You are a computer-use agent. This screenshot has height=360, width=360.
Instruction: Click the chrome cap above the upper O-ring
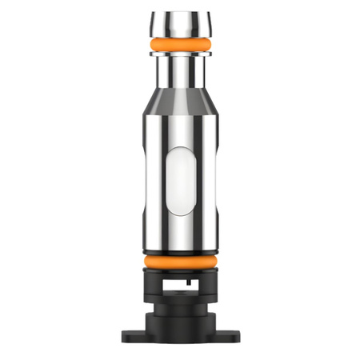pos(179,24)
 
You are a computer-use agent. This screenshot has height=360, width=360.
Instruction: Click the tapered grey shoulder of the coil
pos(179,101)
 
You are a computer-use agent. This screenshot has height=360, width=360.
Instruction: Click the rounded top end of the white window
pos(179,151)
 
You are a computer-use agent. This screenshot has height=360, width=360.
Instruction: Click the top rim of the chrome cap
pos(179,14)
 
